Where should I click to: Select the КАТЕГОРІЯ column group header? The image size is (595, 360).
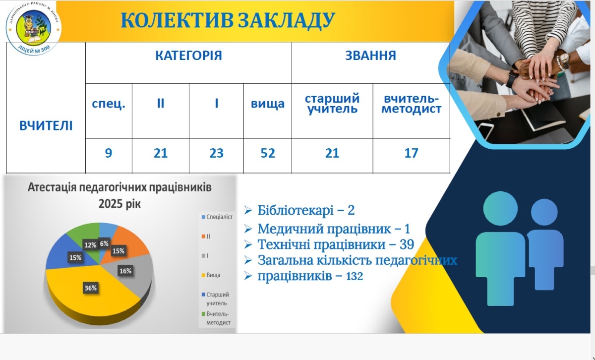point(188,56)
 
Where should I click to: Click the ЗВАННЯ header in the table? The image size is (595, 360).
point(370,56)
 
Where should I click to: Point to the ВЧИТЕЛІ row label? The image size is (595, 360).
point(46,125)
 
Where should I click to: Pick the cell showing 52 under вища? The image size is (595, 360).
point(267,153)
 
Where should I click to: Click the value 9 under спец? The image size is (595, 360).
point(109,153)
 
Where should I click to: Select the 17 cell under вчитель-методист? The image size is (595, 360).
point(411,153)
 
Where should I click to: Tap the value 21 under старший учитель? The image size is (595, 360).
point(332,153)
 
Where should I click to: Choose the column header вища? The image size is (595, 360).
point(267,104)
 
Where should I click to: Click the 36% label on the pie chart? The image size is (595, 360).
point(90,288)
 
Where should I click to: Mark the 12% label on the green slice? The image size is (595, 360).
point(90,244)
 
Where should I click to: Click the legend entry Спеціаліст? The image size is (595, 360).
point(219,217)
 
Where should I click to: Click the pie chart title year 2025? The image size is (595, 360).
point(109,204)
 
